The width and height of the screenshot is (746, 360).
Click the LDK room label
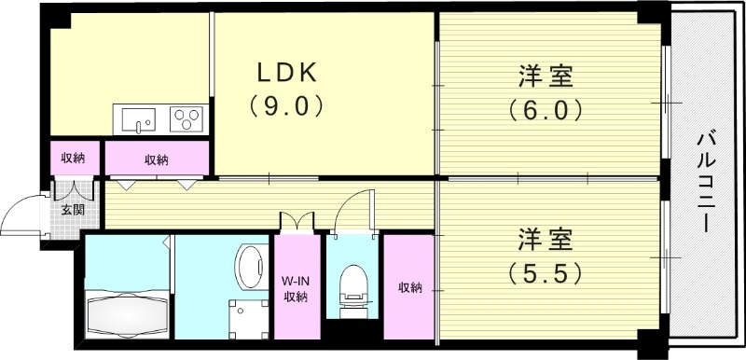(x=288, y=72)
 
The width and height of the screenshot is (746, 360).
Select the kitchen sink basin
(x=137, y=119)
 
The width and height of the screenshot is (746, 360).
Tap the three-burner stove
(x=186, y=119)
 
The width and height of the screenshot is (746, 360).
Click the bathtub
(x=126, y=310)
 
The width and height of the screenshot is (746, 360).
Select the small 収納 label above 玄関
(x=73, y=158)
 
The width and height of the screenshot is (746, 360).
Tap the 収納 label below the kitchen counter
(x=156, y=159)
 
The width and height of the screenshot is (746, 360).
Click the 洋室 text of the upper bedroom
(x=547, y=75)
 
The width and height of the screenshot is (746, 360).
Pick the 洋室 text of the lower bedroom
(x=547, y=238)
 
